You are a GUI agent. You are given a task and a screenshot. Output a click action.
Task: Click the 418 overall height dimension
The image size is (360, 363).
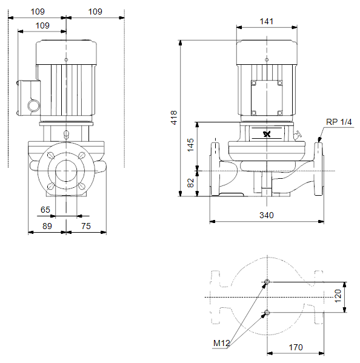coord(174,118)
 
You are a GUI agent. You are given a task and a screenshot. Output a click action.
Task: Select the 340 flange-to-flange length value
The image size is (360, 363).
coord(267,215)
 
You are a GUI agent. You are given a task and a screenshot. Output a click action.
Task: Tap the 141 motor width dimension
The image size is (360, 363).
coord(267,22)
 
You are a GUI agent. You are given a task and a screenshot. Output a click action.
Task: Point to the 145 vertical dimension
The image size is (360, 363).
coord(190,145)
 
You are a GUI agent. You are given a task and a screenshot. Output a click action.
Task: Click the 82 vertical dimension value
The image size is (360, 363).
coord(190,183)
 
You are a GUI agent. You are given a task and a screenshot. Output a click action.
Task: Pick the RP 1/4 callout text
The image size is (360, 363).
coord(339,122)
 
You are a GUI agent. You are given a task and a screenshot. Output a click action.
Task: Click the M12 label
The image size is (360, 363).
coord(222,343)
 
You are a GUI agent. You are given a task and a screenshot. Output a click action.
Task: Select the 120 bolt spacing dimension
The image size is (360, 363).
coord(338,296)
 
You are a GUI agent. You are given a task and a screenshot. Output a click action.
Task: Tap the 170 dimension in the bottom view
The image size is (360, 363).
coord(296,347)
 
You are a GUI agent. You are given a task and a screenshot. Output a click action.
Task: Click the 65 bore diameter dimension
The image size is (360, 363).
coord(45,210)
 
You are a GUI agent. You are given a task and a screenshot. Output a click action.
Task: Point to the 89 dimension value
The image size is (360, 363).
coord(47,226)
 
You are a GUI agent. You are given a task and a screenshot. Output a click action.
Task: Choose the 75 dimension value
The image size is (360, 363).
coord(86,226)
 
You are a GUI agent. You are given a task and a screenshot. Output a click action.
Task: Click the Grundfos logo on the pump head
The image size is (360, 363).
coord(267,134)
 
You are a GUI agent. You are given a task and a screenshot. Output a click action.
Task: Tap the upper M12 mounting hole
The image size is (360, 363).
coord(267,282)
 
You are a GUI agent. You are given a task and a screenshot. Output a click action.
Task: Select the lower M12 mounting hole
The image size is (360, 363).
coord(267,313)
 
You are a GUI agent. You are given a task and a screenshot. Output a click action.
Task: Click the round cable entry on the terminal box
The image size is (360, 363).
coord(34,105)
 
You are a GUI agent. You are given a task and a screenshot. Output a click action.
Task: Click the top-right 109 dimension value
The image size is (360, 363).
coord(95,12)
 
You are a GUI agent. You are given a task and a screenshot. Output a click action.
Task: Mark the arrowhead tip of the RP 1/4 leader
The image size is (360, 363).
coord(319,142)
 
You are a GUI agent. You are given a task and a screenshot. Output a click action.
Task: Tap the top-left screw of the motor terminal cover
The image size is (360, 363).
coord(254,83)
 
